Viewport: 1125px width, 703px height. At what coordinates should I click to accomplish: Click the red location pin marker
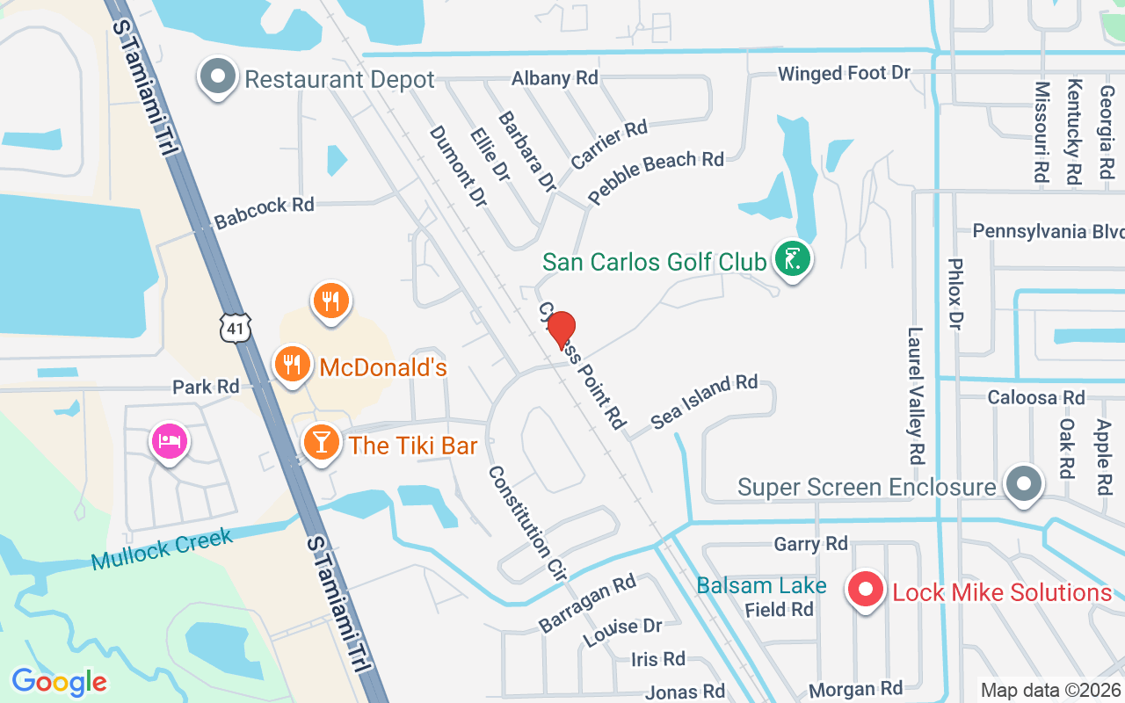point(562,330)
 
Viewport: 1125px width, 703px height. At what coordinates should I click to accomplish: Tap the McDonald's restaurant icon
point(291,364)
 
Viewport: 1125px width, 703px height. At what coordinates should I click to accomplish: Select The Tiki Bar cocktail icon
point(321,443)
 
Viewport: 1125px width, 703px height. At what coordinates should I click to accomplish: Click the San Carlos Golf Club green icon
point(793,258)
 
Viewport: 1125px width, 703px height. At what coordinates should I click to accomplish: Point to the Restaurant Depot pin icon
point(218,77)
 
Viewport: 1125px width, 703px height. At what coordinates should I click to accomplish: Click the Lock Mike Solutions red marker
point(866,590)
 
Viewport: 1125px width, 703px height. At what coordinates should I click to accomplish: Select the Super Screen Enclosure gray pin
point(1023,483)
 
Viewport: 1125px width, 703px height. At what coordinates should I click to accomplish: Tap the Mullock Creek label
point(162,548)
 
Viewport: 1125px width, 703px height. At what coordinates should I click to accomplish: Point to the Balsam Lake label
point(761,585)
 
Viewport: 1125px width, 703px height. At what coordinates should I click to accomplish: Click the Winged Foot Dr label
point(844,74)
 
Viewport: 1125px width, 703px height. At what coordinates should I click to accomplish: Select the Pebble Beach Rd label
point(656,177)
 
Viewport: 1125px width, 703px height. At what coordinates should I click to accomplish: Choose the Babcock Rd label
point(264,212)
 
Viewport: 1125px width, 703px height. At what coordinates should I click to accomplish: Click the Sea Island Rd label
point(704,402)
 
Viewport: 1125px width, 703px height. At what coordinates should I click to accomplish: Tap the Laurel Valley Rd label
point(916,395)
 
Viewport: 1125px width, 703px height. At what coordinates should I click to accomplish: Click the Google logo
point(59,682)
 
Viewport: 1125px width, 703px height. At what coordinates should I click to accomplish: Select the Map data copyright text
point(1051,690)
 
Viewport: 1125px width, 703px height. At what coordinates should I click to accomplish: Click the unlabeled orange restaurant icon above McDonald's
point(330,301)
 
